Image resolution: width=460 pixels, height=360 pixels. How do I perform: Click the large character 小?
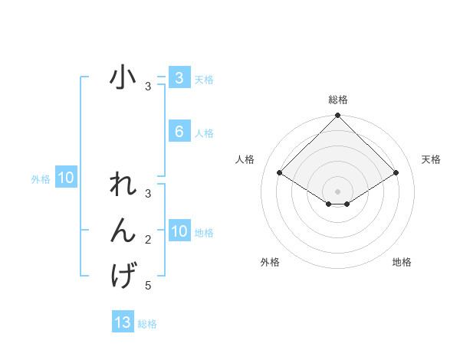point(123,79)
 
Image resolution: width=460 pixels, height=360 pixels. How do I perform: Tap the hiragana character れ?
point(123,185)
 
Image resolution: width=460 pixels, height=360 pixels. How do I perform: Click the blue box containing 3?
point(179,78)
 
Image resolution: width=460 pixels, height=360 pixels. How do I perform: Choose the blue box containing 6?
point(179,132)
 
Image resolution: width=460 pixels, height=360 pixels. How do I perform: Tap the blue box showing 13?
point(123,322)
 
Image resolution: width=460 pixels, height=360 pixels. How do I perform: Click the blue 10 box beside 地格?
point(179,231)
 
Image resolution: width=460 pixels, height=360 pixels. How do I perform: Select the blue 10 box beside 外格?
point(65,178)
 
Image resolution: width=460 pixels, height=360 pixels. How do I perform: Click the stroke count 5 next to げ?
point(148,286)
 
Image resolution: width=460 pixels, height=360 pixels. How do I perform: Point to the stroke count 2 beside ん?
point(148,241)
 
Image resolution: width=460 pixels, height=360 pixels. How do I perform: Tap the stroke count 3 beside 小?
point(148,87)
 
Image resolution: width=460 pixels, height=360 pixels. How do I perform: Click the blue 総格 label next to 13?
point(147,324)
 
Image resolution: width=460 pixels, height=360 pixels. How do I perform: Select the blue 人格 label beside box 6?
point(204,133)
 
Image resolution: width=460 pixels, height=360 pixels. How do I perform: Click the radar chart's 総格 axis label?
point(337,100)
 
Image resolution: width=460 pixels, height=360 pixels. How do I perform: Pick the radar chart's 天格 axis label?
point(431,159)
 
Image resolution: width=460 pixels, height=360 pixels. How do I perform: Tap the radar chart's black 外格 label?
point(270,262)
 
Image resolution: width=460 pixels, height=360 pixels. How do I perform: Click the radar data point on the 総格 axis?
point(337,116)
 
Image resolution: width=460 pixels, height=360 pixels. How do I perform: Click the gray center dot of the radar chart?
point(337,191)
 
